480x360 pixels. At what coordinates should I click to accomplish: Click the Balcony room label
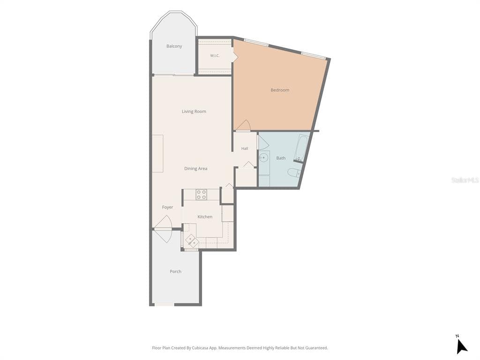click(174, 46)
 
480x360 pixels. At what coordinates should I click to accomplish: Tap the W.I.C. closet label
click(215, 56)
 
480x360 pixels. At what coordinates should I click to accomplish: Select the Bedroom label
click(280, 90)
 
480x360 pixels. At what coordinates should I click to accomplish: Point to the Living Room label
click(194, 112)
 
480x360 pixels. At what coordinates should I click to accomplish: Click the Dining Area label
click(195, 168)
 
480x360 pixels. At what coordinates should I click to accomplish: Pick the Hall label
click(245, 149)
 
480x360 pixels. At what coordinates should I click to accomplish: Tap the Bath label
click(281, 158)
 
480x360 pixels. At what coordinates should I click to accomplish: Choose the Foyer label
click(167, 207)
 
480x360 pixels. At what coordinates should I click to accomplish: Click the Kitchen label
click(205, 217)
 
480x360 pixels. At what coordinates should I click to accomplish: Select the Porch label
click(175, 271)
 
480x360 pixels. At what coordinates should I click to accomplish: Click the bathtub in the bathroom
click(302, 148)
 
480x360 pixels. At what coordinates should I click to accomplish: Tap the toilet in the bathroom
click(294, 172)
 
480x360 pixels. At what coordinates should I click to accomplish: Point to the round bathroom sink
click(263, 158)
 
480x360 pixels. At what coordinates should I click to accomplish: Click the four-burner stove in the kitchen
click(201, 195)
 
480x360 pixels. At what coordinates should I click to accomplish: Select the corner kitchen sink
click(191, 240)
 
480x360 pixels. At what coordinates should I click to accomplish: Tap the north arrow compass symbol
click(461, 345)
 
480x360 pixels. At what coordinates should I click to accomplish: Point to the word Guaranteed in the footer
click(317, 348)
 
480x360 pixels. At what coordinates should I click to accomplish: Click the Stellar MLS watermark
click(465, 180)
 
